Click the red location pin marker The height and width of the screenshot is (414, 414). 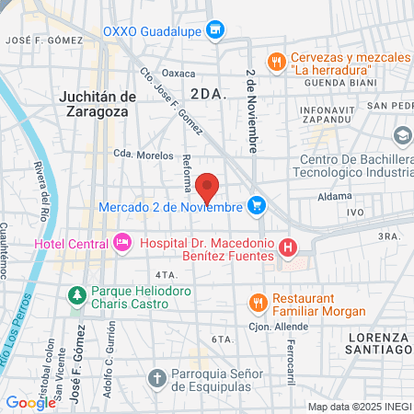click(x=208, y=187)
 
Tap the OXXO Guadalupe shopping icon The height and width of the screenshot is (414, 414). click(x=215, y=30)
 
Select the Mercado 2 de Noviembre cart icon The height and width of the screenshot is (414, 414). click(x=259, y=205)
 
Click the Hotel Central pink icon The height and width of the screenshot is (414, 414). click(x=121, y=243)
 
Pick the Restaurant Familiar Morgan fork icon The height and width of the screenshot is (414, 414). click(x=259, y=300)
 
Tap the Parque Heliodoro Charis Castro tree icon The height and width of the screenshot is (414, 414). click(x=77, y=295)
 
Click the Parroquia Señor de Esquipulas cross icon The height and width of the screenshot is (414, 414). click(x=156, y=377)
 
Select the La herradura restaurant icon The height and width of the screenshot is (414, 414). click(x=275, y=62)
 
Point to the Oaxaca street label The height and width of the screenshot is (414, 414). click(x=178, y=73)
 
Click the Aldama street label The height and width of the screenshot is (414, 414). click(x=329, y=196)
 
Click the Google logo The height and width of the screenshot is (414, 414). click(x=30, y=402)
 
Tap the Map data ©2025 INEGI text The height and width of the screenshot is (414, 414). click(x=359, y=407)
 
